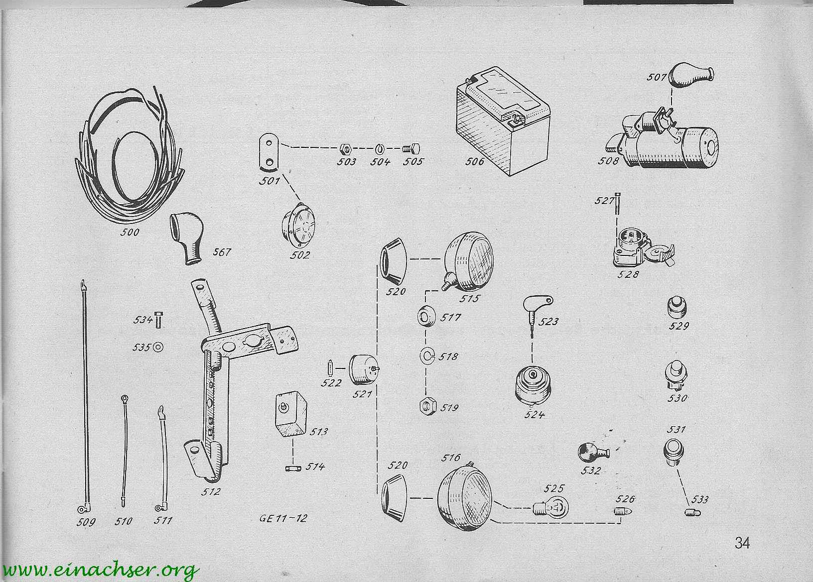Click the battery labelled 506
tap(503, 121)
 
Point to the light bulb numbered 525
tap(550, 507)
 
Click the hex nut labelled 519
tap(428, 406)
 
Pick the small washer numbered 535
tap(158, 347)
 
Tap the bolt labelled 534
tap(158, 320)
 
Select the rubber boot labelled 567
tap(186, 237)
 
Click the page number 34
tap(742, 543)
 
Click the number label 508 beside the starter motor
tap(608, 160)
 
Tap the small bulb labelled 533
tap(692, 512)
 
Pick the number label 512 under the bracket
tap(211, 492)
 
